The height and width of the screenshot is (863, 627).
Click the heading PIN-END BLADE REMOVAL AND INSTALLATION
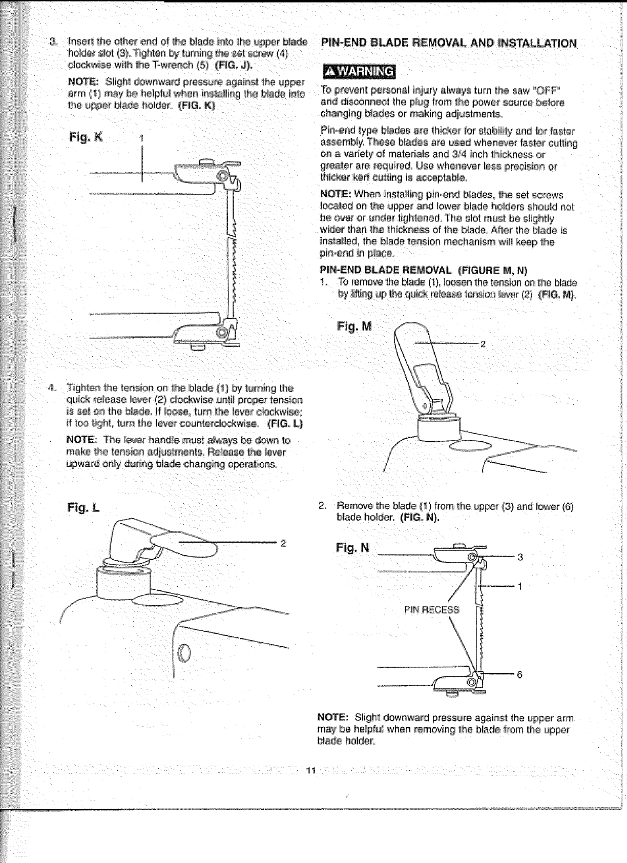tap(449, 44)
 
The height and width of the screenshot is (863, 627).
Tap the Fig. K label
tap(86, 137)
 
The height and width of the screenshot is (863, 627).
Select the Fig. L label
tap(83, 508)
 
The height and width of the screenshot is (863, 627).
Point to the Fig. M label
tap(354, 326)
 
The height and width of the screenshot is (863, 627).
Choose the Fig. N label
tap(352, 548)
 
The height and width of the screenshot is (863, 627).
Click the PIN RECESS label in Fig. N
tap(432, 610)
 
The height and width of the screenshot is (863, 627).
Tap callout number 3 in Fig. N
tap(520, 557)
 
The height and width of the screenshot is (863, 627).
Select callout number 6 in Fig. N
tap(519, 674)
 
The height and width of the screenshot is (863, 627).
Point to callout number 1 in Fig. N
tap(520, 587)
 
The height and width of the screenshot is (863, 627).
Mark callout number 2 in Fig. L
tap(283, 543)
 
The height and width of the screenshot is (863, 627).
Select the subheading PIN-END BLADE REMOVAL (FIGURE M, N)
tap(423, 270)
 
